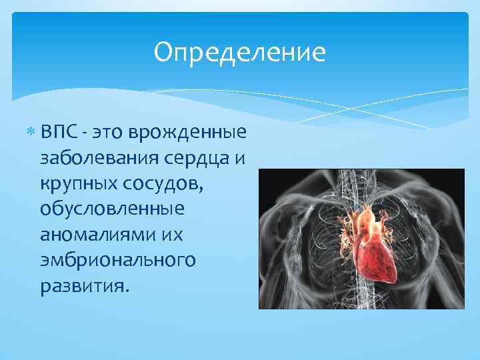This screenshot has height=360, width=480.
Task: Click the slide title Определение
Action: pyautogui.click(x=239, y=53)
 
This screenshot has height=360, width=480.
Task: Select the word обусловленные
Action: pyautogui.click(x=111, y=209)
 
